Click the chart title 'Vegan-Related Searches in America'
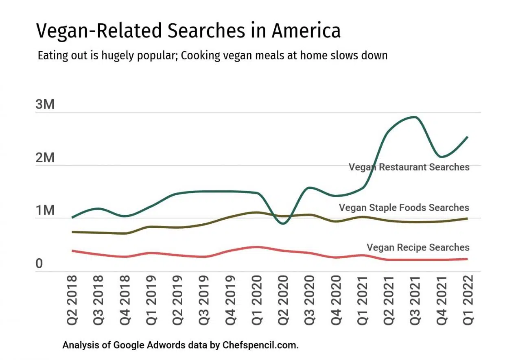coord(188,31)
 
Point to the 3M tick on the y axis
coord(45,105)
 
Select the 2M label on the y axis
coord(45,158)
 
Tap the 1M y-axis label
coord(45,211)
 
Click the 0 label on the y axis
coord(39,264)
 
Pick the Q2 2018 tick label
coord(72,300)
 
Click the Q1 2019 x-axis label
coord(151,300)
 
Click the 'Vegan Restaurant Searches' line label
coord(409,167)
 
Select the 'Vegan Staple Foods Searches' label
coord(404,208)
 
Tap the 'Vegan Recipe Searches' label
coord(418,247)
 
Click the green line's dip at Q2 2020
coord(284,223)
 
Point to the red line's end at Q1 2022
coord(467,259)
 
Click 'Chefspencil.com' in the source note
coord(260,345)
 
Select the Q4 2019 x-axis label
coord(230,300)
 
